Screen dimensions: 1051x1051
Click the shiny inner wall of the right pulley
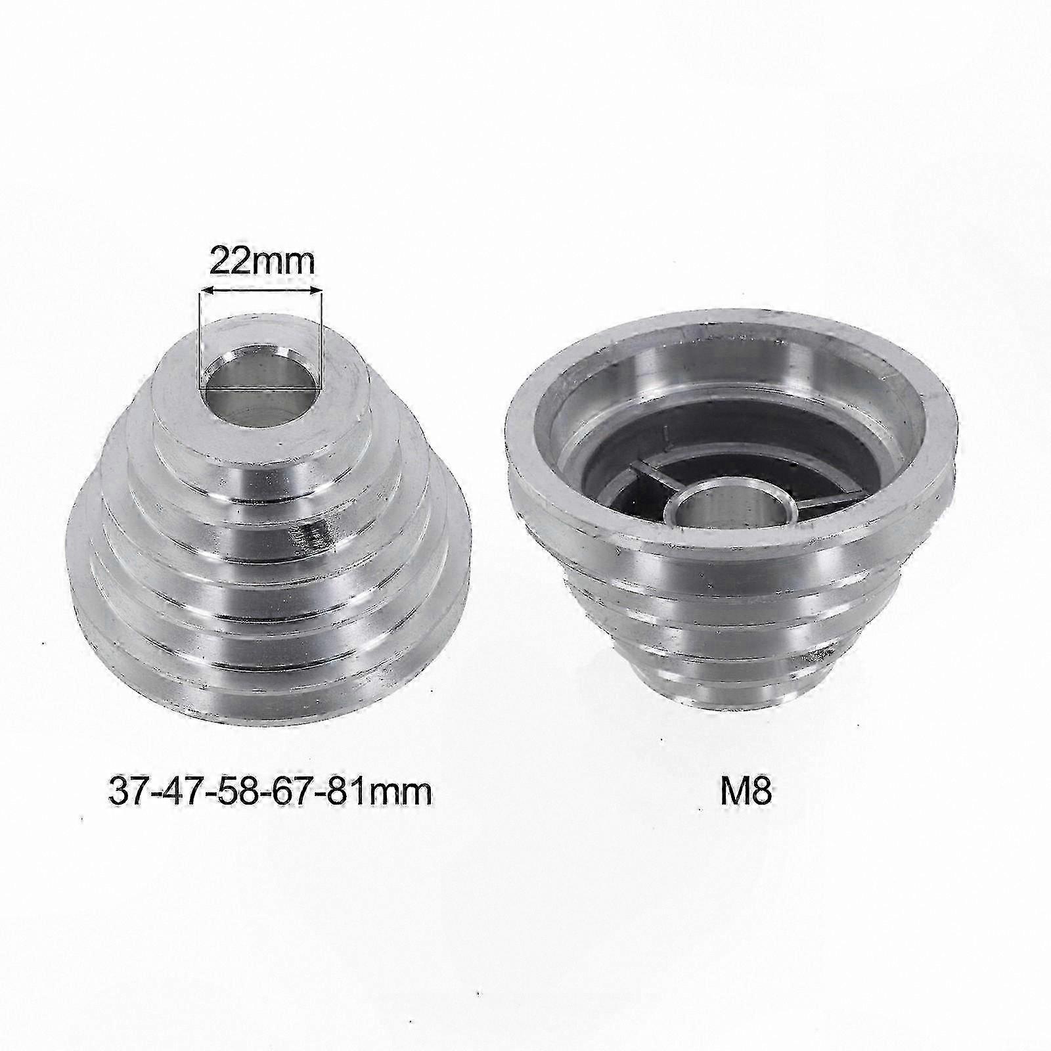click(x=821, y=394)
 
